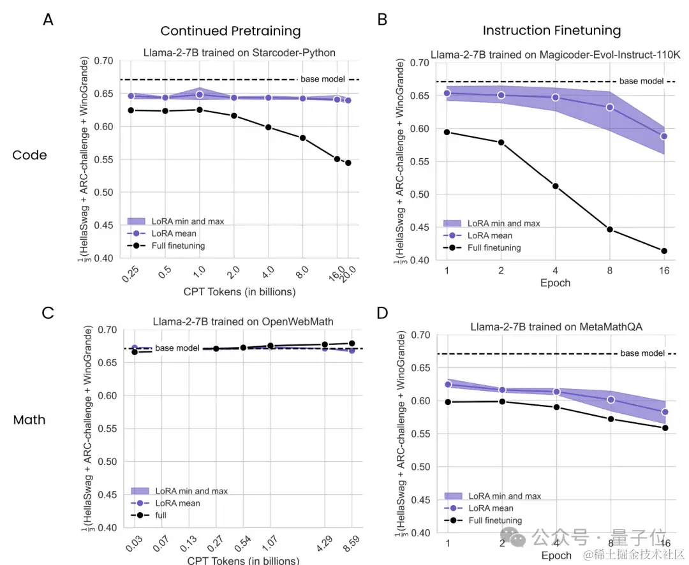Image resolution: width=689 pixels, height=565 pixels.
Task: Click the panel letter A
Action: (48, 20)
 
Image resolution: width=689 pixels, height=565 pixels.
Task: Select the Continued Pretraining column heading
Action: (230, 31)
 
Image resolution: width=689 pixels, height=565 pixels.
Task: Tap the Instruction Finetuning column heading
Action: (551, 31)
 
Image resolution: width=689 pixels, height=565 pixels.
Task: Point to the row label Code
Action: (30, 155)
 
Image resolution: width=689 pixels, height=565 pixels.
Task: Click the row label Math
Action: (29, 420)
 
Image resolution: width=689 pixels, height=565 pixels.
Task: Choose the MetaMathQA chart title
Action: (556, 327)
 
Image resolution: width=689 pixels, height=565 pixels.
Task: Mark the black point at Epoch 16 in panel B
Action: (664, 251)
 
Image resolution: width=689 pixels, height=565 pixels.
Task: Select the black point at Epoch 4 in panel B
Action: (556, 186)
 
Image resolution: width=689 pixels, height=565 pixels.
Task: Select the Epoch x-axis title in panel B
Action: (556, 282)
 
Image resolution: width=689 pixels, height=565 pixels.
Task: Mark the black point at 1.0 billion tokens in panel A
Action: (200, 110)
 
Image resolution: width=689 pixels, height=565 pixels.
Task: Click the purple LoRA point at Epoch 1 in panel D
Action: (448, 385)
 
